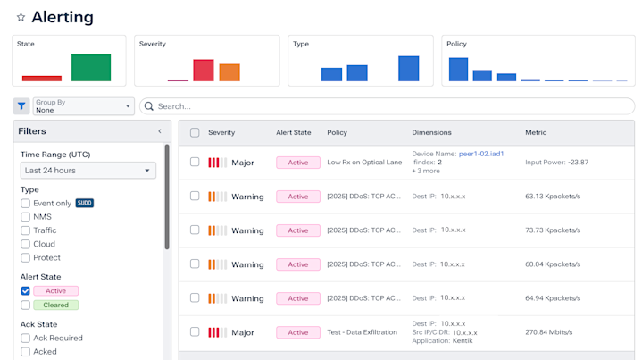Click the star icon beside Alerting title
pyautogui.click(x=21, y=17)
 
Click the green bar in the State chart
pyautogui.click(x=91, y=68)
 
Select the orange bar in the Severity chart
pyautogui.click(x=229, y=72)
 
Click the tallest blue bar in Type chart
pyautogui.click(x=408, y=69)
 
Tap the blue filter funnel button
pyautogui.click(x=21, y=106)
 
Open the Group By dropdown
pyautogui.click(x=83, y=106)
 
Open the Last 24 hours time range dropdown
pyautogui.click(x=88, y=171)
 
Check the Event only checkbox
pyautogui.click(x=26, y=204)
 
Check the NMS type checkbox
pyautogui.click(x=26, y=217)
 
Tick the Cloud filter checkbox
pyautogui.click(x=26, y=244)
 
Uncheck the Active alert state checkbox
pyautogui.click(x=26, y=291)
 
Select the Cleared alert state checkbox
pyautogui.click(x=26, y=305)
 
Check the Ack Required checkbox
pyautogui.click(x=26, y=339)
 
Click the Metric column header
pyautogui.click(x=536, y=133)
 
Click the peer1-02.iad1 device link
pyautogui.click(x=480, y=154)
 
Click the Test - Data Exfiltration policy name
pyautogui.click(x=361, y=332)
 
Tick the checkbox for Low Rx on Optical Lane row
pyautogui.click(x=195, y=163)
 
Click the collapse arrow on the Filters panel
pyautogui.click(x=160, y=131)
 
